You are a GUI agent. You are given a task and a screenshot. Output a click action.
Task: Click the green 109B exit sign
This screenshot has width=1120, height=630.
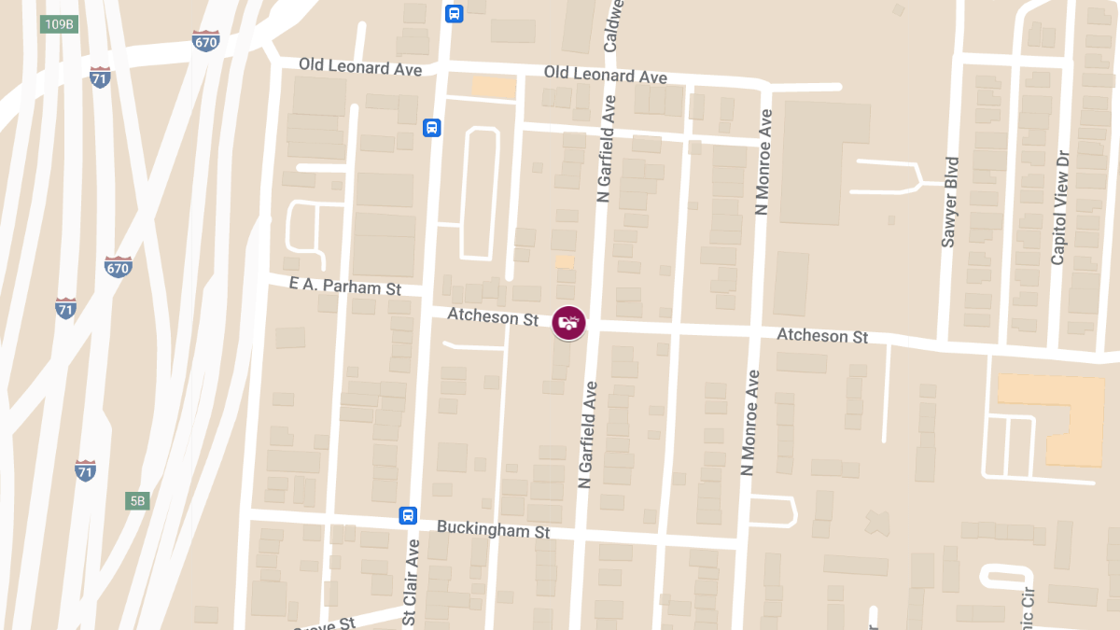click(x=58, y=24)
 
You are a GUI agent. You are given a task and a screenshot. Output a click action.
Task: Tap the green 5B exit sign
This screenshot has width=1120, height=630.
click(x=137, y=501)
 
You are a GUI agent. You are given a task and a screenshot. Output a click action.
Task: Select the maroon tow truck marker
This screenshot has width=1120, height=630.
click(x=569, y=323)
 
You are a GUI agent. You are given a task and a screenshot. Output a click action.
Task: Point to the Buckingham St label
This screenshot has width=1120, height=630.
click(x=494, y=530)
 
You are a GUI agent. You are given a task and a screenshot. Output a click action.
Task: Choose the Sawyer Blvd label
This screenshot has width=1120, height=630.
click(x=950, y=202)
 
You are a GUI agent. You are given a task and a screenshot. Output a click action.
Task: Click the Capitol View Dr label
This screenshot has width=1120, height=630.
click(x=1058, y=206)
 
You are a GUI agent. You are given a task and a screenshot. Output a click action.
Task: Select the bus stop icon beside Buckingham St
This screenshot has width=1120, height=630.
click(x=408, y=515)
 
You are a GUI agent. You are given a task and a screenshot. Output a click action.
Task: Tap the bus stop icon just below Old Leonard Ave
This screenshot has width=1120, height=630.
click(x=431, y=128)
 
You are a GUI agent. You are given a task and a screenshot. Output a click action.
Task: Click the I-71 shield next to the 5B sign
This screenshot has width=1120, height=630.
click(x=85, y=470)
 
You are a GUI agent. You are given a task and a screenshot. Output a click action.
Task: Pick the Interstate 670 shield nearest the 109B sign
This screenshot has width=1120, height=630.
click(x=205, y=41)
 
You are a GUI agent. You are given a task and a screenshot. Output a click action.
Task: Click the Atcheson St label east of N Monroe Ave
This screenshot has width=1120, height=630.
click(x=822, y=335)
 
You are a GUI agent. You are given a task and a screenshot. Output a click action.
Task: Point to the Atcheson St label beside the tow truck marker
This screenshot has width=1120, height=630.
click(x=493, y=317)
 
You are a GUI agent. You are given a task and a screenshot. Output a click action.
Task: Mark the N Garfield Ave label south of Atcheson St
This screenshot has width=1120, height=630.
click(x=587, y=433)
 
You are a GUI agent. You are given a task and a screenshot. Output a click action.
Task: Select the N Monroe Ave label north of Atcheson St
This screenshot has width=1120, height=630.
click(x=764, y=162)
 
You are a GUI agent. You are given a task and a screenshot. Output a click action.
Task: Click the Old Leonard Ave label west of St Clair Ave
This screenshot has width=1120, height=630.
click(x=360, y=67)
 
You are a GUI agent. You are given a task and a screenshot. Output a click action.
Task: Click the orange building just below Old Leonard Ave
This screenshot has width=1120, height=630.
click(x=494, y=87)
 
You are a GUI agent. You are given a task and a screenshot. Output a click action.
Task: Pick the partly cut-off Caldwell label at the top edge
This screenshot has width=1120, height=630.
click(x=613, y=26)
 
